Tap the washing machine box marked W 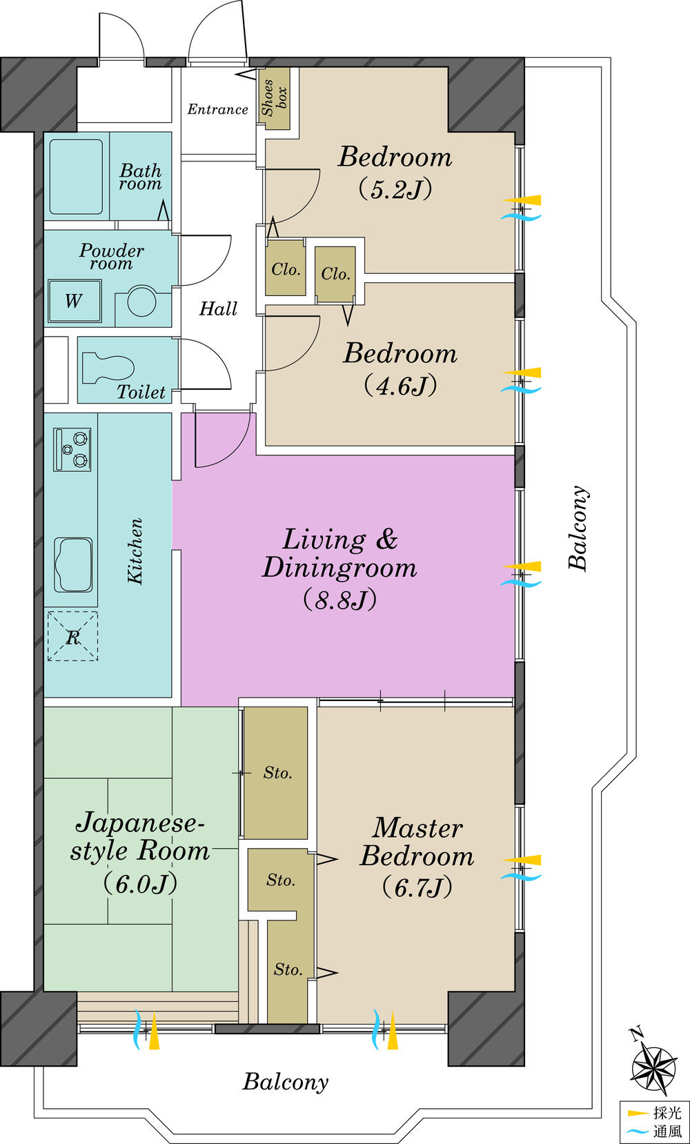[x=74, y=301]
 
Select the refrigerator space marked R [x=72, y=636]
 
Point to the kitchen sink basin [x=74, y=565]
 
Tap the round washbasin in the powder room [x=141, y=302]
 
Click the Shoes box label [x=274, y=97]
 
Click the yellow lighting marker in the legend [x=636, y=1113]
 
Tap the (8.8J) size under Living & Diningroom [x=340, y=600]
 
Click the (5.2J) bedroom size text [x=395, y=188]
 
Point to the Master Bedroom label [x=417, y=842]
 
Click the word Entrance [x=217, y=109]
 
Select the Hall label [x=218, y=308]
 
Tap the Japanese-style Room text [x=140, y=836]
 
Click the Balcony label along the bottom [x=285, y=1081]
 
